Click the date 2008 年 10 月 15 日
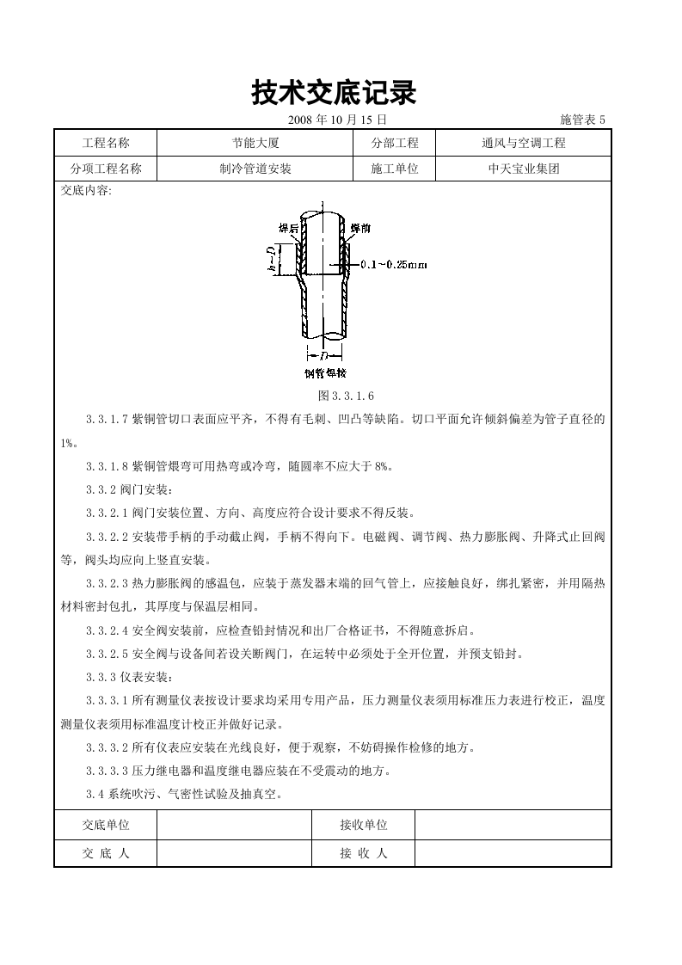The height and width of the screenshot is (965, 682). tap(337, 120)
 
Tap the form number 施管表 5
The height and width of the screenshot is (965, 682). tap(582, 120)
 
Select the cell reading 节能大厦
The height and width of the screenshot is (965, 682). tap(255, 144)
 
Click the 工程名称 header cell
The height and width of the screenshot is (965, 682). tap(105, 144)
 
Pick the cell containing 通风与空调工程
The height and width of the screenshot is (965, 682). tap(523, 144)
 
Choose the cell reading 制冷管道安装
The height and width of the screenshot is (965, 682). tap(255, 169)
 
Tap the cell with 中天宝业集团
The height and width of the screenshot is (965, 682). tap(523, 169)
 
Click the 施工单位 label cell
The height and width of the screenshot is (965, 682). tap(395, 169)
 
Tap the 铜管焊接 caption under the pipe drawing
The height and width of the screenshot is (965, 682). tap(325, 373)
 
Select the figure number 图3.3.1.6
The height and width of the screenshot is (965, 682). tap(347, 396)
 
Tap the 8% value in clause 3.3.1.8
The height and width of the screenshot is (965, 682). tap(383, 466)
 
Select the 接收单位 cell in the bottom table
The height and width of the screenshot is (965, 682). tap(363, 825)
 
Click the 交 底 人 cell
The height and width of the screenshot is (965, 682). tap(105, 853)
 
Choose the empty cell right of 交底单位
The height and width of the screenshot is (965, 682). tap(234, 825)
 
